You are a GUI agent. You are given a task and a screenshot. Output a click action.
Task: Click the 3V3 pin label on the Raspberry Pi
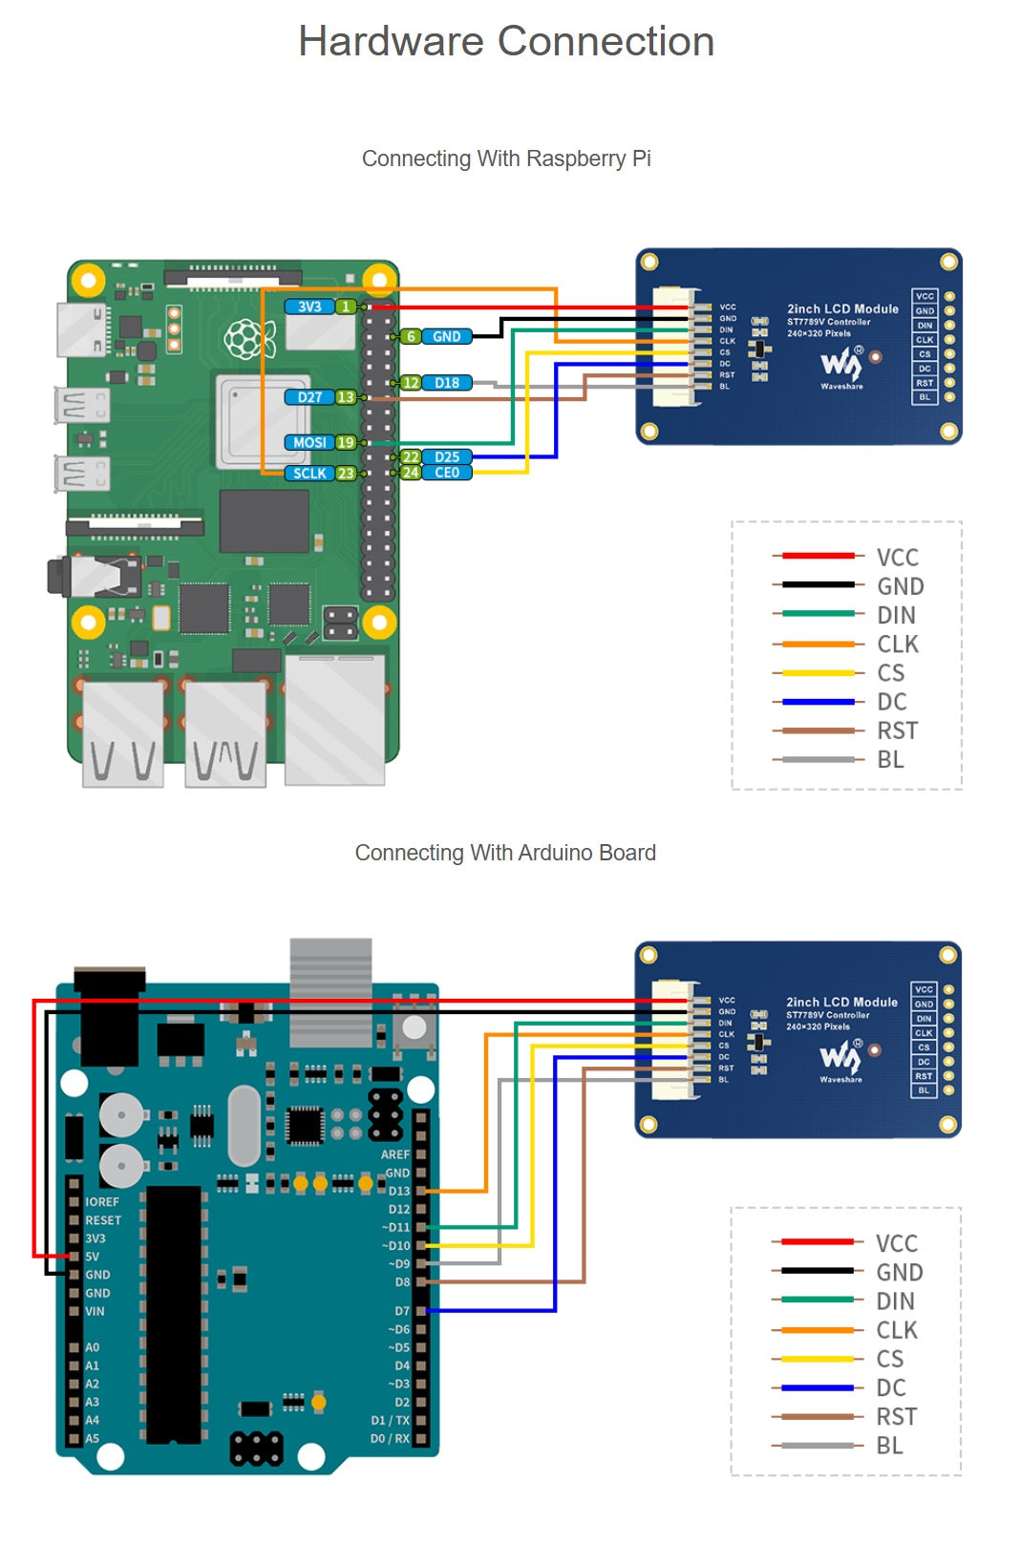[x=309, y=307]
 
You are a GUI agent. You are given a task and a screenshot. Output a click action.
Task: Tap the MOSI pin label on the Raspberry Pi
[x=309, y=442]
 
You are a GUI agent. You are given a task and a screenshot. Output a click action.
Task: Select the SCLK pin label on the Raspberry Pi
[x=309, y=473]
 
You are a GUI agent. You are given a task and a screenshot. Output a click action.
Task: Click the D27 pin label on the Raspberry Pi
[x=309, y=397]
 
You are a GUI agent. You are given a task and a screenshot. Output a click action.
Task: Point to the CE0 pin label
[x=447, y=473]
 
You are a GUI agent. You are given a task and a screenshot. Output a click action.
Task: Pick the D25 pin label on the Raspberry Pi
[x=447, y=457]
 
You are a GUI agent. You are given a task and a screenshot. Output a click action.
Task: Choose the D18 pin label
[x=447, y=383]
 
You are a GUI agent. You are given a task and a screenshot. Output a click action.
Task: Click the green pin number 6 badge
[x=411, y=336]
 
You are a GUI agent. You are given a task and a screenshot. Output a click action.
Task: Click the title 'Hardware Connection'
[x=506, y=42]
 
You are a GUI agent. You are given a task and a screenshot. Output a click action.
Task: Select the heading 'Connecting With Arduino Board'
[x=505, y=853]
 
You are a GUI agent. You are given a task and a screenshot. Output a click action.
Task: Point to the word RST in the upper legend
[x=897, y=731]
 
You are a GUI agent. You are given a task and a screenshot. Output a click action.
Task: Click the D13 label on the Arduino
[x=398, y=1191]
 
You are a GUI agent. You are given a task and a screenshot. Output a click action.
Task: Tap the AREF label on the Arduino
[x=394, y=1154]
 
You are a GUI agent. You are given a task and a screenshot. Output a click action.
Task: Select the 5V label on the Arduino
[x=92, y=1257]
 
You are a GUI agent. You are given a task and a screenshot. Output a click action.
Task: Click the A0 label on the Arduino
[x=92, y=1347]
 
